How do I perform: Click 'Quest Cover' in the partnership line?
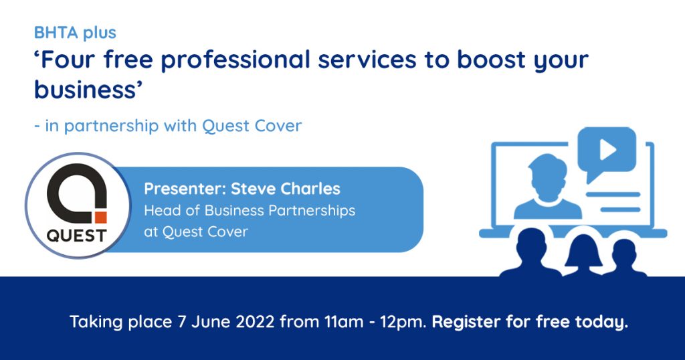pos(252,126)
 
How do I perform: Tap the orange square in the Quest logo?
pos(101,217)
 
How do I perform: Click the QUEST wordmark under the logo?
pos(76,236)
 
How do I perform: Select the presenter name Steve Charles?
pos(285,189)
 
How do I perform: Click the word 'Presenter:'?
pos(185,189)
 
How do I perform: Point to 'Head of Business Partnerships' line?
pos(250,211)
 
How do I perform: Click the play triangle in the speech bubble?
pos(607,151)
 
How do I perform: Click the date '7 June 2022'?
pos(226,322)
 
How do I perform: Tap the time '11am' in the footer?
pos(344,322)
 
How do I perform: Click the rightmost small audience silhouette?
pos(625,258)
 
